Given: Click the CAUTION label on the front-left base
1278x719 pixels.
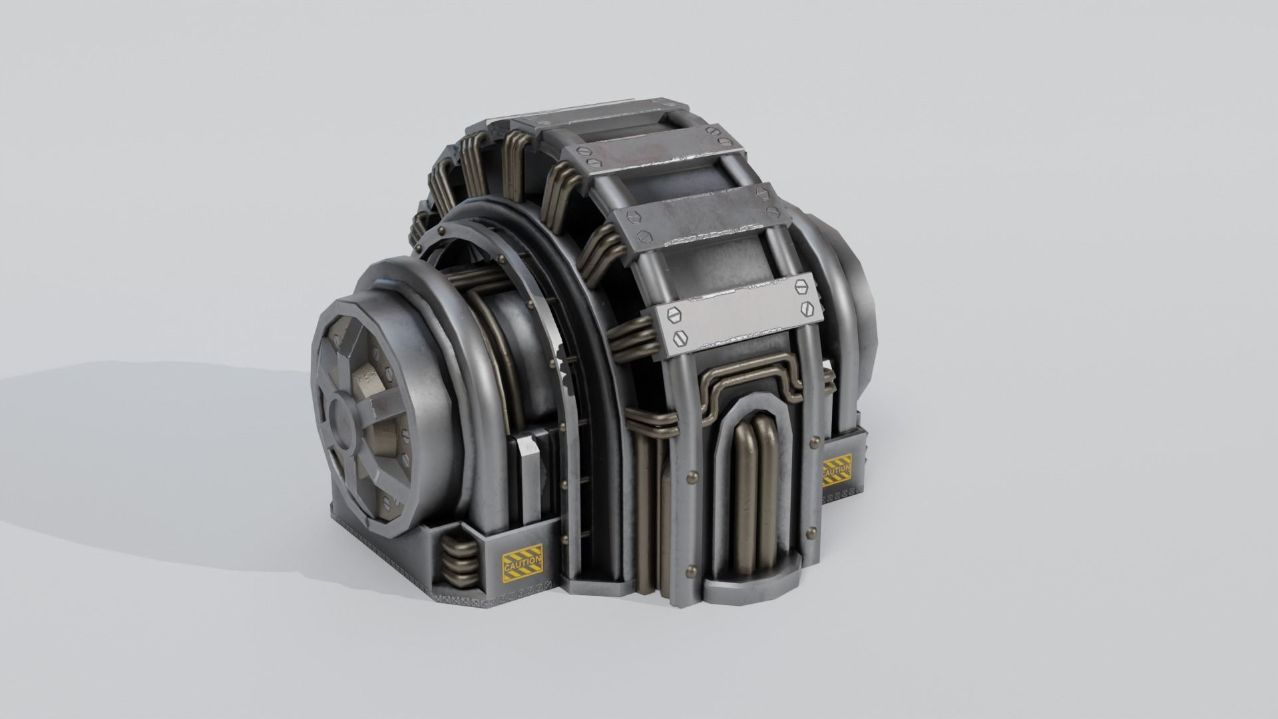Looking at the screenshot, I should click(x=523, y=561).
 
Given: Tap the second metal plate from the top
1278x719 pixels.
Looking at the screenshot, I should click(x=652, y=160).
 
